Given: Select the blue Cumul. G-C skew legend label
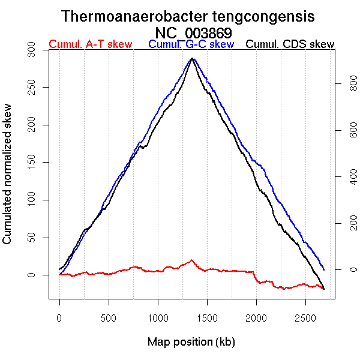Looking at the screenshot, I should (x=191, y=44).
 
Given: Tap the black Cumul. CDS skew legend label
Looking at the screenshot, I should (x=290, y=44).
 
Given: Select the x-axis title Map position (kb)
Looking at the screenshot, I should (x=191, y=342).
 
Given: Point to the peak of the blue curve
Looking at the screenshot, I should (x=192, y=58).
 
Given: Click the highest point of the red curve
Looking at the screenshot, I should (x=192, y=260).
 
